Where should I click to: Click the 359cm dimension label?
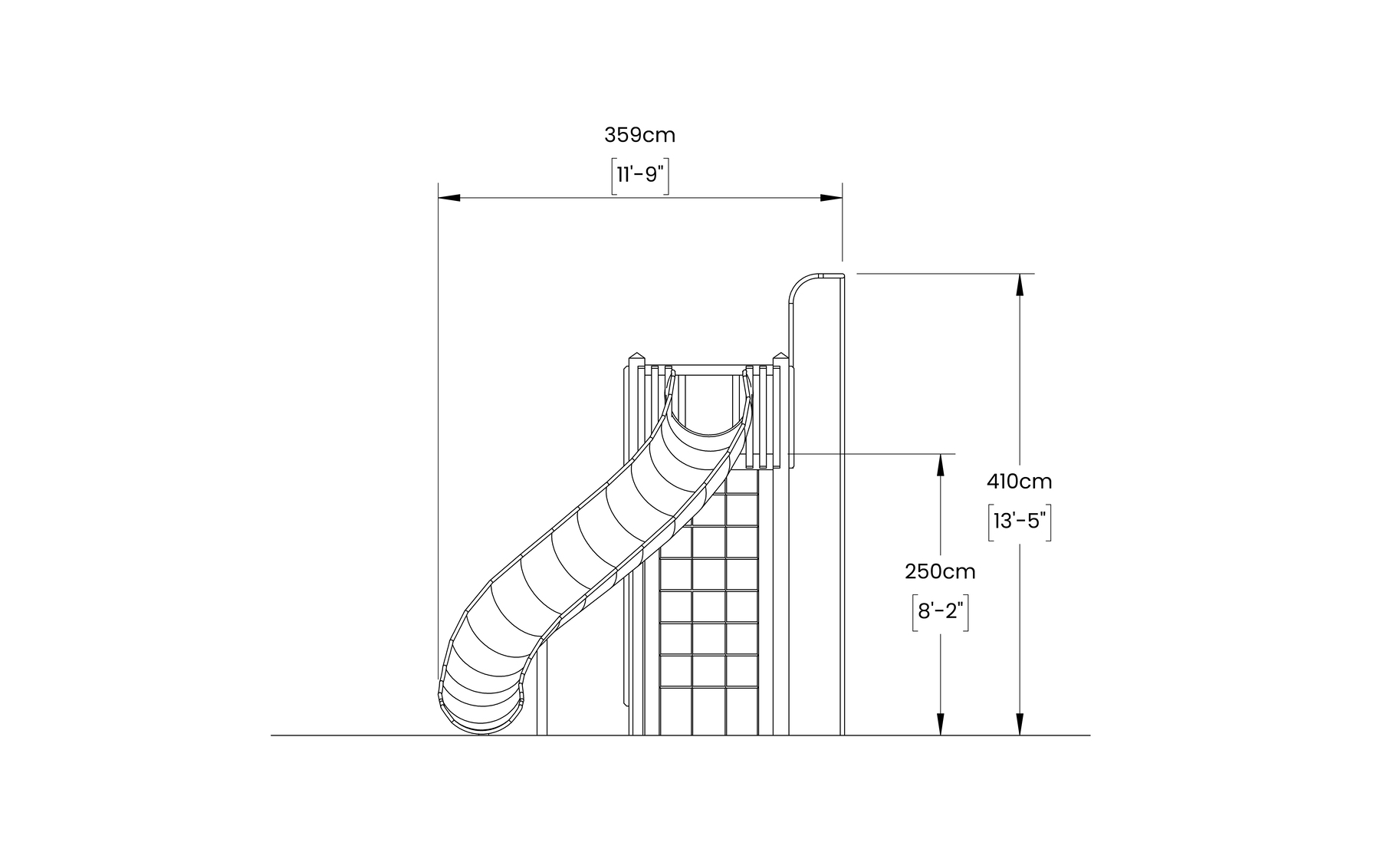[x=639, y=135]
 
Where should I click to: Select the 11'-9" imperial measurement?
[x=640, y=175]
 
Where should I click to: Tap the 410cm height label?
[x=1019, y=482]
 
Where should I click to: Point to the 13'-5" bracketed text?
[x=1019, y=521]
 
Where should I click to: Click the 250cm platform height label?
[x=940, y=571]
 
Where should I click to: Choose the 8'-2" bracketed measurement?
[x=940, y=612]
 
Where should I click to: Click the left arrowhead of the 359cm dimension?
[x=449, y=198]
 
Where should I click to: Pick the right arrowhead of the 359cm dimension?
[x=831, y=198]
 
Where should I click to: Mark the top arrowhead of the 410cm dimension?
[x=1019, y=285]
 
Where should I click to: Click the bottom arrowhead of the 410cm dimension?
[x=1019, y=724]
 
